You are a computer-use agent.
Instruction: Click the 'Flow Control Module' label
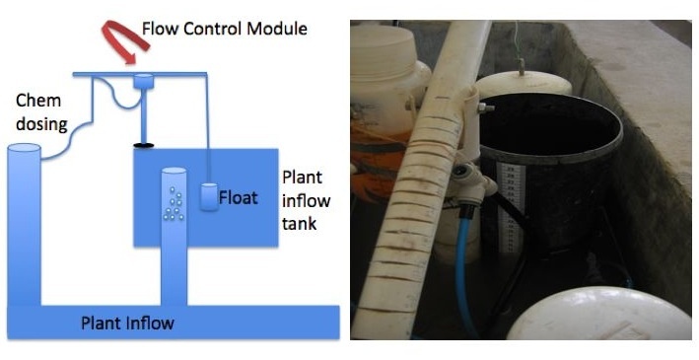224,29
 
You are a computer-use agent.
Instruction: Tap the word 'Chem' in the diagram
37,101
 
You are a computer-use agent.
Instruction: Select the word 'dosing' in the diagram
41,124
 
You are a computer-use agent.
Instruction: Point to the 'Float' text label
238,197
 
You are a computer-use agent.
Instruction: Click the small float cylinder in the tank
208,196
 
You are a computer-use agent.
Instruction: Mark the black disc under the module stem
144,145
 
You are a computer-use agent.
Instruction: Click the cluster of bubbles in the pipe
174,203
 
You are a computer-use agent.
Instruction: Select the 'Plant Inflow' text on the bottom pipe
127,323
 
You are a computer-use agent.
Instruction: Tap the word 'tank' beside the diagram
299,223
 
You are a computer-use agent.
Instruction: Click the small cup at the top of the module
144,82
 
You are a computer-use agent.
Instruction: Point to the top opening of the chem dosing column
24,148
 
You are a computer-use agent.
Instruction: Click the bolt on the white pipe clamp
485,108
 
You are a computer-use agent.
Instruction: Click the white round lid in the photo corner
599,315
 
